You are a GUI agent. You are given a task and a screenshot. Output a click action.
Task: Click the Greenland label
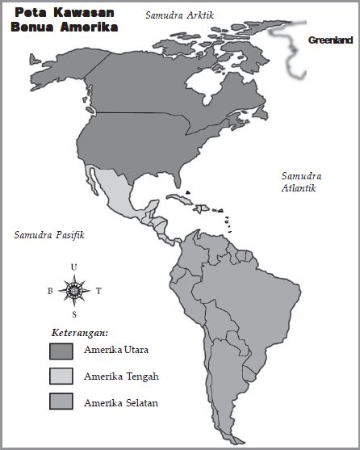coord(331,40)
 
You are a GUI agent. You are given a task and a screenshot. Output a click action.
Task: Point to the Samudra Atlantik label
coord(299,182)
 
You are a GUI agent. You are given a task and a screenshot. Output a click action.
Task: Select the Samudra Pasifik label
coord(49,235)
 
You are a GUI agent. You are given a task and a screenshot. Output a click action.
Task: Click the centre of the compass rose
coord(74,290)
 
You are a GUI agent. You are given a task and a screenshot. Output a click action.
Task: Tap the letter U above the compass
coord(74,267)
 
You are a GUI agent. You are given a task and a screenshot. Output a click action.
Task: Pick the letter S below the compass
coord(74,314)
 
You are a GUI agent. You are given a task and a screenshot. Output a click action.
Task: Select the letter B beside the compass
coord(49,291)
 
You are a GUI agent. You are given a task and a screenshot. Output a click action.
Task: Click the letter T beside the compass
coord(98,291)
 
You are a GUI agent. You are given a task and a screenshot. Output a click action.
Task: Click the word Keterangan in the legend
coord(80,332)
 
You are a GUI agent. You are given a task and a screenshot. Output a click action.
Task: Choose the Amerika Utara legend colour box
coord(61,351)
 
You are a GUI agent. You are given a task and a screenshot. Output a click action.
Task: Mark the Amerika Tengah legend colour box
coord(61,376)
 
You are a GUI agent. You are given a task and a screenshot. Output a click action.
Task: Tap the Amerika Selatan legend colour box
coord(61,402)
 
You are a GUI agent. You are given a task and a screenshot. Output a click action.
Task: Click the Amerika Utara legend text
coord(115,351)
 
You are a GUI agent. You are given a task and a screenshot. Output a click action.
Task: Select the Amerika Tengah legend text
coord(120,376)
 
